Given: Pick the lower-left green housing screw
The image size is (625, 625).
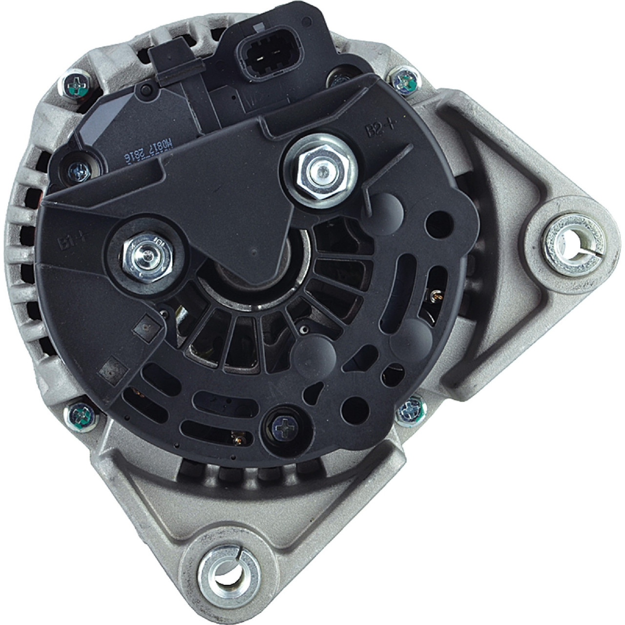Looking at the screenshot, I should tap(80, 416).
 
